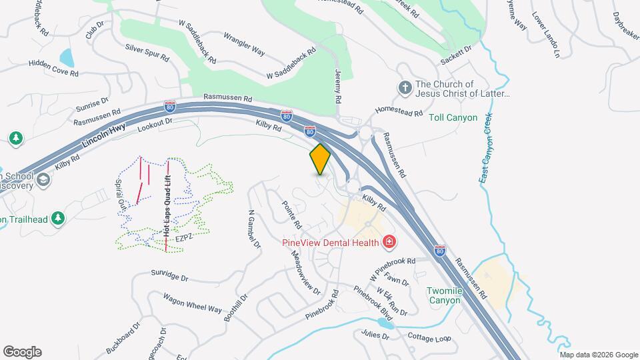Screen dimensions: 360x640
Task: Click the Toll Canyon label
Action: (453, 118)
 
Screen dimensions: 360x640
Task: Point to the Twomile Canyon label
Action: (444, 295)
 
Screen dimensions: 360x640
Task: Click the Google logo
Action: (22, 351)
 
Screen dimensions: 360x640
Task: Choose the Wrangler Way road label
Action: (244, 44)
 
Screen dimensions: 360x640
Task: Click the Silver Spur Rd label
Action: (147, 53)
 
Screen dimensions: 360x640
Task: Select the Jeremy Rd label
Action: (339, 86)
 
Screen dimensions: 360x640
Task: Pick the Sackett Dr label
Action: (455, 55)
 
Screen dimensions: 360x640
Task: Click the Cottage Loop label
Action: (430, 338)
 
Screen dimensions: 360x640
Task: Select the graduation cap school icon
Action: (43, 179)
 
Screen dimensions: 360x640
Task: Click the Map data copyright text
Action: (599, 354)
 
